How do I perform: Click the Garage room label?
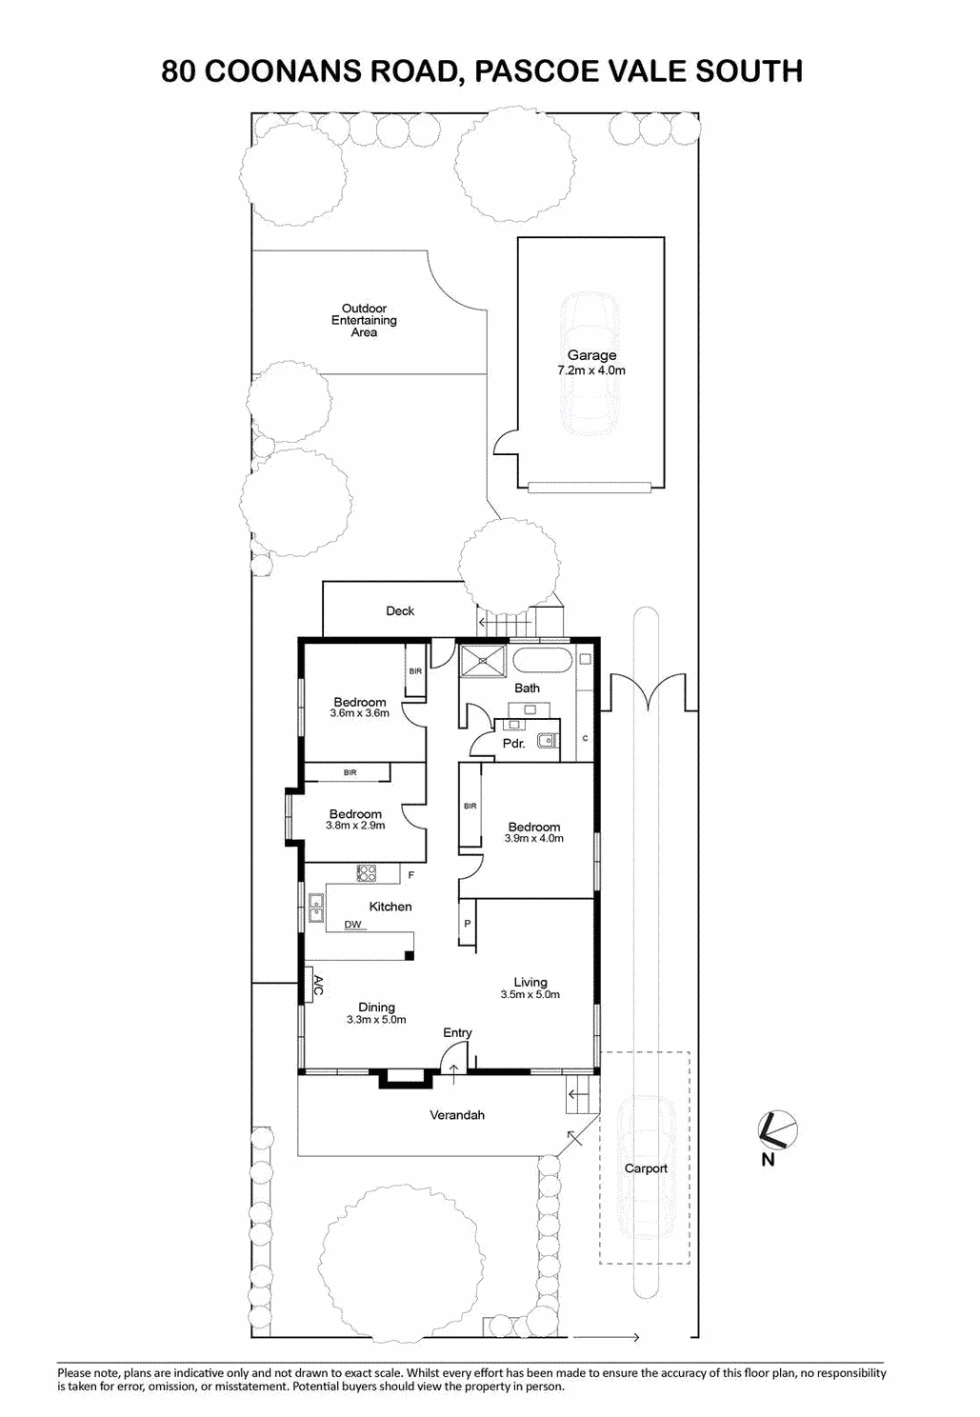[x=591, y=355]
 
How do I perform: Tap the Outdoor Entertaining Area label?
[x=364, y=320]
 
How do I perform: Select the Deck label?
[x=400, y=610]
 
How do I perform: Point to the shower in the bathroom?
[x=484, y=661]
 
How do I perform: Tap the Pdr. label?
[x=513, y=744]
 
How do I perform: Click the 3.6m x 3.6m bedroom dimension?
[x=359, y=713]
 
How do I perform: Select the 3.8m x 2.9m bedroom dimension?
[x=355, y=825]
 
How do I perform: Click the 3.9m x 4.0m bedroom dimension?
[x=534, y=838]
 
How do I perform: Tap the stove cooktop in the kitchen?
[x=367, y=873]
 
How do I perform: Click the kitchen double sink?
[x=315, y=908]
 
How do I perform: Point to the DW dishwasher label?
[x=352, y=925]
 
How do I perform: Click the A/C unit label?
[x=318, y=985]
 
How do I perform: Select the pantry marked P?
[x=467, y=924]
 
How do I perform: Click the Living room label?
[x=530, y=982]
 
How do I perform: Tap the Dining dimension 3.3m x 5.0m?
[x=376, y=1019]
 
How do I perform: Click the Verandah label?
[x=457, y=1114]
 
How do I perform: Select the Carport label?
[x=646, y=1168]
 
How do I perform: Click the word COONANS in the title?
[x=282, y=70]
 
